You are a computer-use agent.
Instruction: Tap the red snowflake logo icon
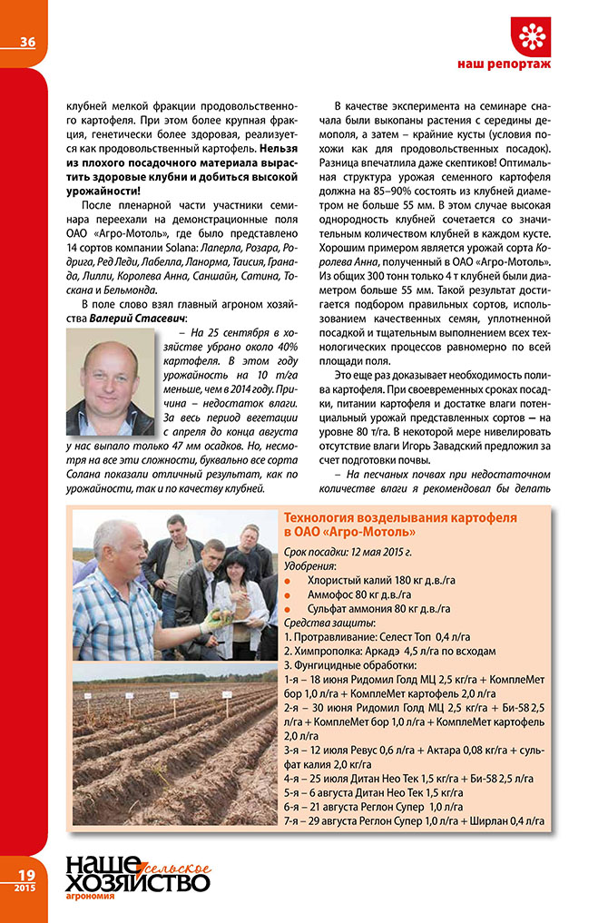pos(532,35)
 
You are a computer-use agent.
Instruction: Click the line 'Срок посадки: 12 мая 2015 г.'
pos(349,550)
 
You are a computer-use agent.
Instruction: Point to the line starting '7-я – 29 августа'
pos(415,820)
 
